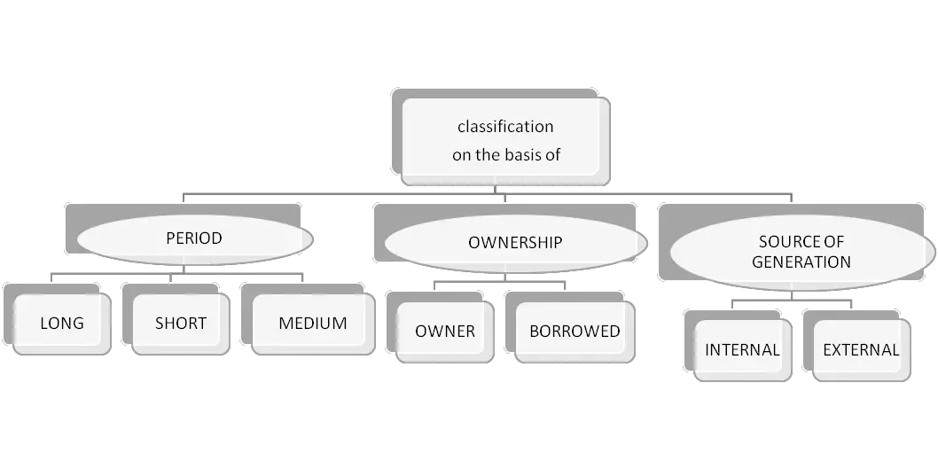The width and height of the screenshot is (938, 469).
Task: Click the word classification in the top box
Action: (505, 126)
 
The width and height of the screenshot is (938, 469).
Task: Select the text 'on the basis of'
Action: (505, 154)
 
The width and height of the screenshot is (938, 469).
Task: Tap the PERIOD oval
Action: (193, 238)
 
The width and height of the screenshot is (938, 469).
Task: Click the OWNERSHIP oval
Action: (515, 242)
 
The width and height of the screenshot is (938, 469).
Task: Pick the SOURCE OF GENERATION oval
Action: (801, 252)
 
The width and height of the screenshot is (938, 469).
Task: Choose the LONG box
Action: (62, 324)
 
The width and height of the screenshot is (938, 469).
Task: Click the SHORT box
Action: (181, 324)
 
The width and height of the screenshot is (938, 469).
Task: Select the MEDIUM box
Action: (312, 324)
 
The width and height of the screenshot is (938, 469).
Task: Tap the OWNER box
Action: (445, 332)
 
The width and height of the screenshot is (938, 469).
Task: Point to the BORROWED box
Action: (575, 332)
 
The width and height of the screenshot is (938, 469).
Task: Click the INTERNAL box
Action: (742, 349)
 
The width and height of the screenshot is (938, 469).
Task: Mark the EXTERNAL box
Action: (861, 349)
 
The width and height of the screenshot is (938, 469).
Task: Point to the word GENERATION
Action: (801, 262)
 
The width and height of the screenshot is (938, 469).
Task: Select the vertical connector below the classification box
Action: (502, 189)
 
